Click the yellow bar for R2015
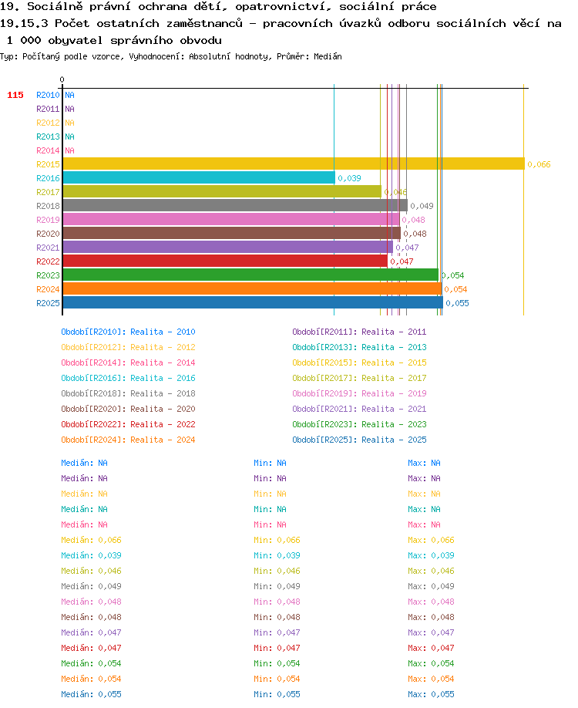tap(294, 164)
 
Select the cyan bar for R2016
tap(199, 177)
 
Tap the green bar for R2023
tap(250, 275)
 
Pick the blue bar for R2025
tap(253, 302)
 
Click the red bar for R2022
tap(225, 261)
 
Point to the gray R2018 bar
tap(235, 205)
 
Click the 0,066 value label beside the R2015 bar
tap(539, 164)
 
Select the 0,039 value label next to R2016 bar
tap(350, 178)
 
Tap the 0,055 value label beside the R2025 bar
tap(458, 303)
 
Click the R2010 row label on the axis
tap(48, 95)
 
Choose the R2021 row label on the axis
tap(48, 248)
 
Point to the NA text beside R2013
tap(69, 137)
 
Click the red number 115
tap(15, 95)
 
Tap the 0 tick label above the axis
tap(62, 79)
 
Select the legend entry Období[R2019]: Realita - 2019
tap(359, 393)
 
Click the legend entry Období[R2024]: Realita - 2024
tap(128, 440)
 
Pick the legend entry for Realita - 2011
tap(359, 332)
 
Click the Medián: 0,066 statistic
tap(91, 540)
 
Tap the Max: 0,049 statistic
tap(431, 586)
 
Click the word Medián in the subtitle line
tap(328, 56)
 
